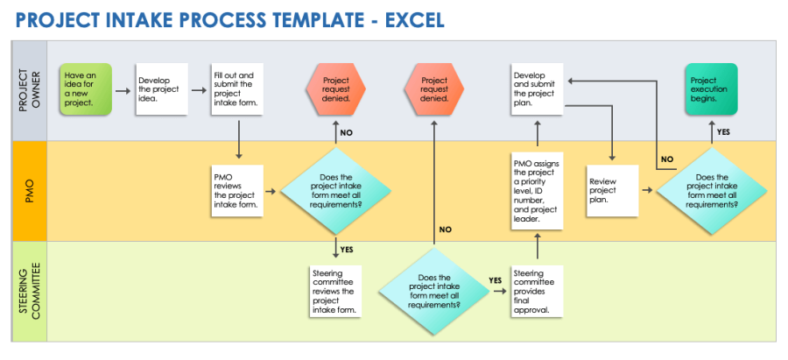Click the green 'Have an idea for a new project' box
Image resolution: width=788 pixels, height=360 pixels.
click(87, 88)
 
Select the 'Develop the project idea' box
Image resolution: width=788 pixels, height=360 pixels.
click(161, 89)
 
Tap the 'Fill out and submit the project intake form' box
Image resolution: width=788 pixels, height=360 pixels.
click(238, 88)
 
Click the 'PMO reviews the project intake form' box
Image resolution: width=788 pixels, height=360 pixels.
click(238, 189)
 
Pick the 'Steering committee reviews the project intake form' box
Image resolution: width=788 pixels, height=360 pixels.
click(336, 292)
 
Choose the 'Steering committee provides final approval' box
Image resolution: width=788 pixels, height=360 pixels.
click(536, 292)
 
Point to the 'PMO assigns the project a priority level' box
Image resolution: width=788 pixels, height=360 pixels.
click(536, 189)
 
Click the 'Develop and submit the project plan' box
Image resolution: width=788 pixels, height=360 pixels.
click(536, 88)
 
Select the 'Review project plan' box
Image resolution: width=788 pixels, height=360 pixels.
click(612, 189)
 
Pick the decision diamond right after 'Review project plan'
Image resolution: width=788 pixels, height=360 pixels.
click(711, 189)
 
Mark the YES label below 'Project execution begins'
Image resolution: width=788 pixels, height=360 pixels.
click(723, 131)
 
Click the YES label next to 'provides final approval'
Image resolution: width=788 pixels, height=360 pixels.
click(496, 280)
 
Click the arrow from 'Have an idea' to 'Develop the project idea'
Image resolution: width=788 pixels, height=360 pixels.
click(124, 88)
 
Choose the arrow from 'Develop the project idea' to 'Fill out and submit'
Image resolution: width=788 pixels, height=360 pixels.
click(199, 88)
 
